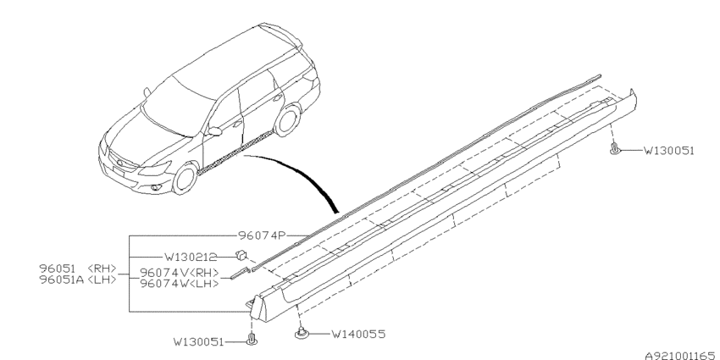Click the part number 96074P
tap(262, 235)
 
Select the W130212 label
tap(191, 258)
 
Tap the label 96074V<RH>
tap(179, 273)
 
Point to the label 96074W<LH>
tap(179, 283)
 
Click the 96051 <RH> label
tap(78, 269)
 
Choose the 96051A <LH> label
tap(78, 280)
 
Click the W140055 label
tap(358, 334)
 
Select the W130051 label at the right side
tap(668, 150)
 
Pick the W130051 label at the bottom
tap(198, 341)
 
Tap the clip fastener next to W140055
tap(301, 332)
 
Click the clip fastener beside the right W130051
tap(614, 148)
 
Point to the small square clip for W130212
tap(241, 254)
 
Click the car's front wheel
tap(185, 178)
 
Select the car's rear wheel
tap(287, 120)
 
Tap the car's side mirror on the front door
tap(214, 131)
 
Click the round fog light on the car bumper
tap(157, 187)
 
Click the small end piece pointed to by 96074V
tap(239, 273)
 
